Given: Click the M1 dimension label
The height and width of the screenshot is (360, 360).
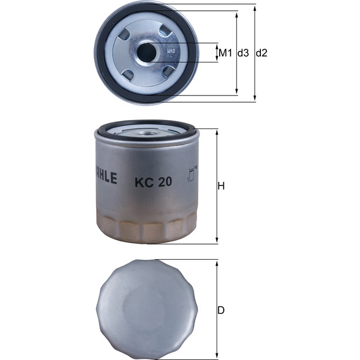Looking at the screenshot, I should click(x=225, y=53).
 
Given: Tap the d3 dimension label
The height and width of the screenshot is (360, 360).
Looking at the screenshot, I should click(x=243, y=53).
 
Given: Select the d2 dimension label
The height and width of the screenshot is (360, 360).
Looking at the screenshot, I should click(x=261, y=53).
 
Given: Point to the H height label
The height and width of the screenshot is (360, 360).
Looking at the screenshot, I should click(x=221, y=187).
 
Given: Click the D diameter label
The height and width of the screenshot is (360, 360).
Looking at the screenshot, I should click(x=221, y=311).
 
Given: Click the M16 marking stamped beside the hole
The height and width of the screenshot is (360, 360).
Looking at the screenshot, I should click(x=170, y=52).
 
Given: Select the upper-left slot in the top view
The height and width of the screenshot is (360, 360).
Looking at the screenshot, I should click(x=124, y=35).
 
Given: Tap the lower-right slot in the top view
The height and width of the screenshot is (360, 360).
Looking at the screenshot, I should click(x=169, y=71).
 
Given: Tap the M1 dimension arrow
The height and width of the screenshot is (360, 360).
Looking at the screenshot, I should click(x=217, y=53).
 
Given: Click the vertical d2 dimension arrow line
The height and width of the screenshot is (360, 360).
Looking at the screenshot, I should click(x=254, y=78).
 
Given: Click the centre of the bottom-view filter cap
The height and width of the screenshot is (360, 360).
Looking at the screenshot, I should click(x=144, y=308).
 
